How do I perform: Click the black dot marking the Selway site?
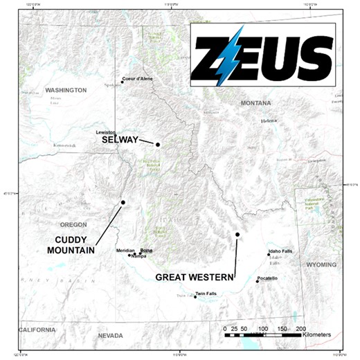point(158,145)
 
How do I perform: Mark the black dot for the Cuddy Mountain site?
point(123,202)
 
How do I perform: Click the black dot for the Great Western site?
point(237,235)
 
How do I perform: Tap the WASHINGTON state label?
point(66,91)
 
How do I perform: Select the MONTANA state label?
point(255,103)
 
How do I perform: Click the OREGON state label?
point(74,225)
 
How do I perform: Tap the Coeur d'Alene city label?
point(138,79)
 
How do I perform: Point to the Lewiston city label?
point(106,132)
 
